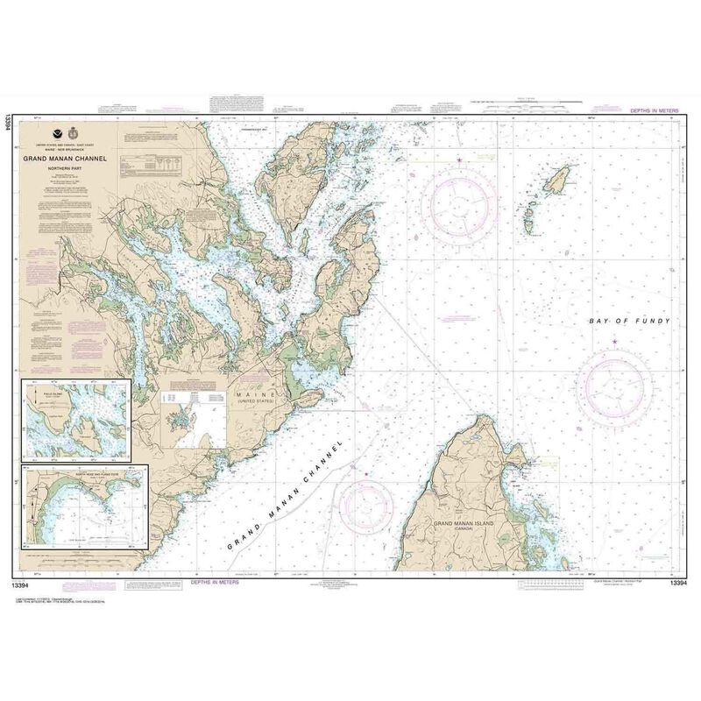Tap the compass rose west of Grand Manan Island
[x=367, y=509]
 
